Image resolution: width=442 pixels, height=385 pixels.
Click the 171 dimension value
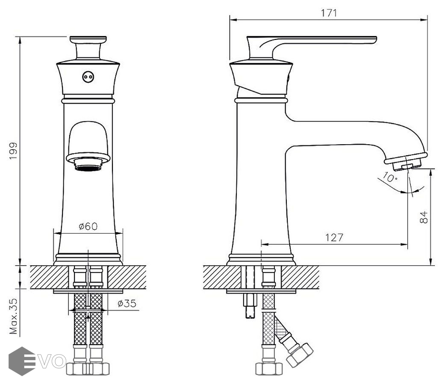pyautogui.click(x=329, y=13)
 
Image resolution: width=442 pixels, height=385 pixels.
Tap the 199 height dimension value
pyautogui.click(x=13, y=151)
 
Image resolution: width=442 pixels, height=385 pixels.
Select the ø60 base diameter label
pyautogui.click(x=88, y=226)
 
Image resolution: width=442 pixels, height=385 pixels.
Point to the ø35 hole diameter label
pyautogui.click(x=127, y=303)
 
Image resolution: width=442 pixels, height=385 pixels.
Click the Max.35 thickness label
pyautogui.click(x=13, y=316)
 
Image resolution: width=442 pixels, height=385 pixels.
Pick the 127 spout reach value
pyautogui.click(x=334, y=237)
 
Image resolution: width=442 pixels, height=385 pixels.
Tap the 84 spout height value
pyautogui.click(x=423, y=217)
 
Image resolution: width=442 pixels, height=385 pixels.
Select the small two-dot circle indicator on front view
pyautogui.click(x=88, y=77)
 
